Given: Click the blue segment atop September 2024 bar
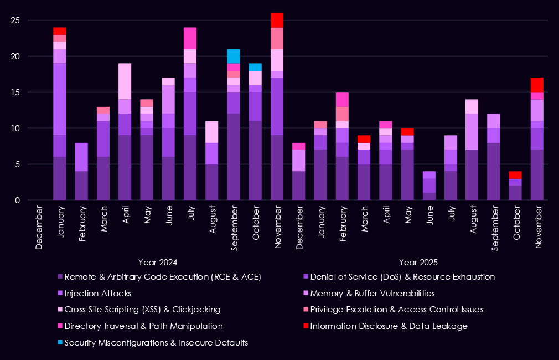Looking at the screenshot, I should tap(234, 56).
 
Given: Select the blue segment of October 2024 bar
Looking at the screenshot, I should tap(255, 67).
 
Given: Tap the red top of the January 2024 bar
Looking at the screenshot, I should tap(60, 31).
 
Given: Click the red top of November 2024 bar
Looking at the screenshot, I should tap(277, 20).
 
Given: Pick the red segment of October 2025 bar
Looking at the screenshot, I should tap(515, 175).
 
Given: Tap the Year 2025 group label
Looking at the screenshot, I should tap(418, 262).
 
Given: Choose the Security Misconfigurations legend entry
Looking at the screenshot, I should tap(156, 343).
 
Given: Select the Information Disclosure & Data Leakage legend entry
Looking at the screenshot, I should tap(389, 326).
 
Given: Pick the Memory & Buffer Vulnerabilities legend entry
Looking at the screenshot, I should tap(372, 293).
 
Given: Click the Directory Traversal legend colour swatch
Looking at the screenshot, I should tap(59, 326).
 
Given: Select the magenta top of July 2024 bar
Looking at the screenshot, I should tap(190, 38).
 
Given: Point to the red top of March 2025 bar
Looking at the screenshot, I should tap(364, 139).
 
